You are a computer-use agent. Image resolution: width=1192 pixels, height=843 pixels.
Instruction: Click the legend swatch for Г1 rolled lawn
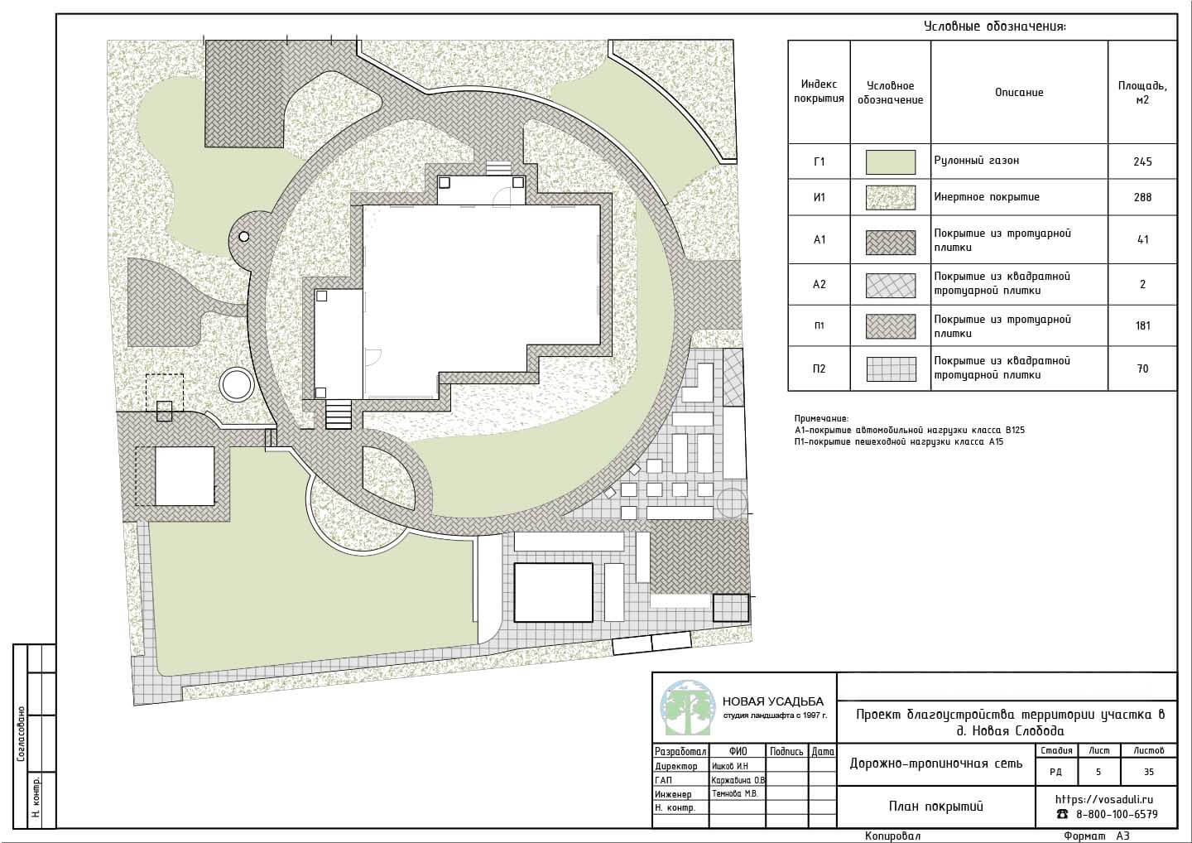pos(891,161)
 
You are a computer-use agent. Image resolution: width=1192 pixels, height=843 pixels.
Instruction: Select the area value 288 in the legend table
pos(1142,197)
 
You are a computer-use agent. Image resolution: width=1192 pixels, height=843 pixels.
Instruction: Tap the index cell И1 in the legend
pos(819,197)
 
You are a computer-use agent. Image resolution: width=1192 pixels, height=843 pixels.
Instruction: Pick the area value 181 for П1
pos(1142,325)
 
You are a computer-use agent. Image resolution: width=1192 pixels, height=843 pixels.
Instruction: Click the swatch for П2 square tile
pos(891,369)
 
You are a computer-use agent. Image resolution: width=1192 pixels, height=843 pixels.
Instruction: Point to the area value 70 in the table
pos(1142,369)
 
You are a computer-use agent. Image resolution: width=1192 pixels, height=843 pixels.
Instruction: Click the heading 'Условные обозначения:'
pos(995,26)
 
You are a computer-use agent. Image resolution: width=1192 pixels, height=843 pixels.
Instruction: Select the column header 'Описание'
pos(1019,92)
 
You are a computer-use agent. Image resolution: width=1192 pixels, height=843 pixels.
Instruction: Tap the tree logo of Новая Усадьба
pos(687,708)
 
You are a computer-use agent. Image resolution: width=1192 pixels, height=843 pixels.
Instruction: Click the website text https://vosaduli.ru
pos(1103,799)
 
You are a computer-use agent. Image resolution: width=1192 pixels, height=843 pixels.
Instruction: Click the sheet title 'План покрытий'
pos(936,807)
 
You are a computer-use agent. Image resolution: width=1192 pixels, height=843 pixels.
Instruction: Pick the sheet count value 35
pos(1149,772)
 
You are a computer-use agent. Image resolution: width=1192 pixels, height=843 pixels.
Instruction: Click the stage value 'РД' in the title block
pos(1055,772)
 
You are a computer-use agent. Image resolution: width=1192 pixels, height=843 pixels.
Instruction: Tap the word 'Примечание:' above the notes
pos(821,419)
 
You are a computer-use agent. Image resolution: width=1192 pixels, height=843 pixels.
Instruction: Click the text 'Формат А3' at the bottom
pos(1096,836)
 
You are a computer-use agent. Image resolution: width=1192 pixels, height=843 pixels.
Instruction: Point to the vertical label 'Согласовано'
pos(21,734)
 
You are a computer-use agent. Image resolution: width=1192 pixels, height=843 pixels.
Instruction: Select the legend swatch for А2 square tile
pos(891,285)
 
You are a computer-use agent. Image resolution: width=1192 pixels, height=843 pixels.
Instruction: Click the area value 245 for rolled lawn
pos(1142,161)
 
